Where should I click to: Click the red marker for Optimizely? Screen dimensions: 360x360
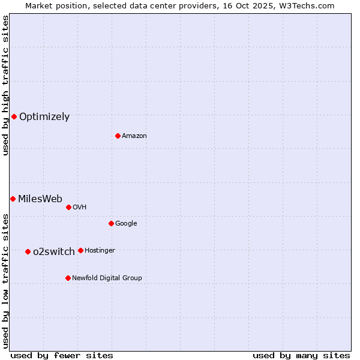[x=14, y=116]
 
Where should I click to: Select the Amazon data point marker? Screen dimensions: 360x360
[x=118, y=136]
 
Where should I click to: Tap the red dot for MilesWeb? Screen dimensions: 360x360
[x=13, y=199]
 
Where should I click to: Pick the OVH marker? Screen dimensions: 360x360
[x=68, y=207]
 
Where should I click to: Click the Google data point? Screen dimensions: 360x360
[x=111, y=223]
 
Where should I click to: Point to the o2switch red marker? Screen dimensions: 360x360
[x=28, y=251]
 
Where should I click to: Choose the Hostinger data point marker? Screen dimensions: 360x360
[x=80, y=250]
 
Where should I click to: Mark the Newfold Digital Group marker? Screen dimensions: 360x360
[x=68, y=278]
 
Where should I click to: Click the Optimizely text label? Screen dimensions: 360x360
[x=44, y=117]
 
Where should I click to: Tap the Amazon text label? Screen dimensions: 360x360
[x=134, y=136]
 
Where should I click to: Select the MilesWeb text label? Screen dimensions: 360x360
[x=40, y=199]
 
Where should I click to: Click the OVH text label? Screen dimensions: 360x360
[x=80, y=208]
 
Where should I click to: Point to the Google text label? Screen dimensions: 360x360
[x=126, y=224]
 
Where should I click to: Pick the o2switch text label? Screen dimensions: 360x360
[x=54, y=252]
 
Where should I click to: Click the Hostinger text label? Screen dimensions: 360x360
[x=100, y=251]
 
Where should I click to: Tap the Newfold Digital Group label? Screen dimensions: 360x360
[x=107, y=278]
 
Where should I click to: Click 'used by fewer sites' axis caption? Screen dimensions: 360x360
[x=62, y=355]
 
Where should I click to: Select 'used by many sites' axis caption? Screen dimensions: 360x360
[x=301, y=355]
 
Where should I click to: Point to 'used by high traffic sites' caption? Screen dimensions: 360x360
[x=6, y=85]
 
